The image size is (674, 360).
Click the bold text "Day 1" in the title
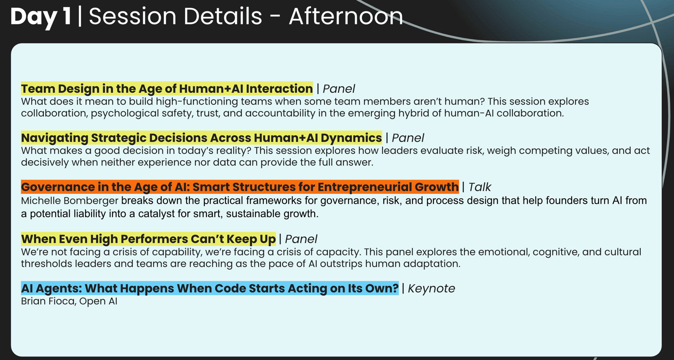[x=41, y=16]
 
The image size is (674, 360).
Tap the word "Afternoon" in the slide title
[x=346, y=16]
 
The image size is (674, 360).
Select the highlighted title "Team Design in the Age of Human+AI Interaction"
[x=167, y=89]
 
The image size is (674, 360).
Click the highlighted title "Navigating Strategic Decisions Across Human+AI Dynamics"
[x=201, y=138]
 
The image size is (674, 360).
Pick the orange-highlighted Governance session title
[x=240, y=187]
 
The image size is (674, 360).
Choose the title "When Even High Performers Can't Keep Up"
[x=148, y=239]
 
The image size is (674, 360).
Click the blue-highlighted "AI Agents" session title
[x=210, y=288]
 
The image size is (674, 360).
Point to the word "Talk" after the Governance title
[x=480, y=187]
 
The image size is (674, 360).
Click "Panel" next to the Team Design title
[x=339, y=89]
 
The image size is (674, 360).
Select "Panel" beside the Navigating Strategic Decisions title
[x=408, y=138]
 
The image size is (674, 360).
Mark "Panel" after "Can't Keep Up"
[x=301, y=239]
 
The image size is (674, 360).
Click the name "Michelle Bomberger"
[x=70, y=201]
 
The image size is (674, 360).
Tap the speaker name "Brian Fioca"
[x=48, y=301]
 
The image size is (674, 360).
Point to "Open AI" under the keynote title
[x=99, y=301]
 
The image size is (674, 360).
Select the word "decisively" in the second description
[x=45, y=163]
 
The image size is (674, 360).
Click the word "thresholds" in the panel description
[x=46, y=264]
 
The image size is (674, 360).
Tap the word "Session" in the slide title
[x=132, y=16]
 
